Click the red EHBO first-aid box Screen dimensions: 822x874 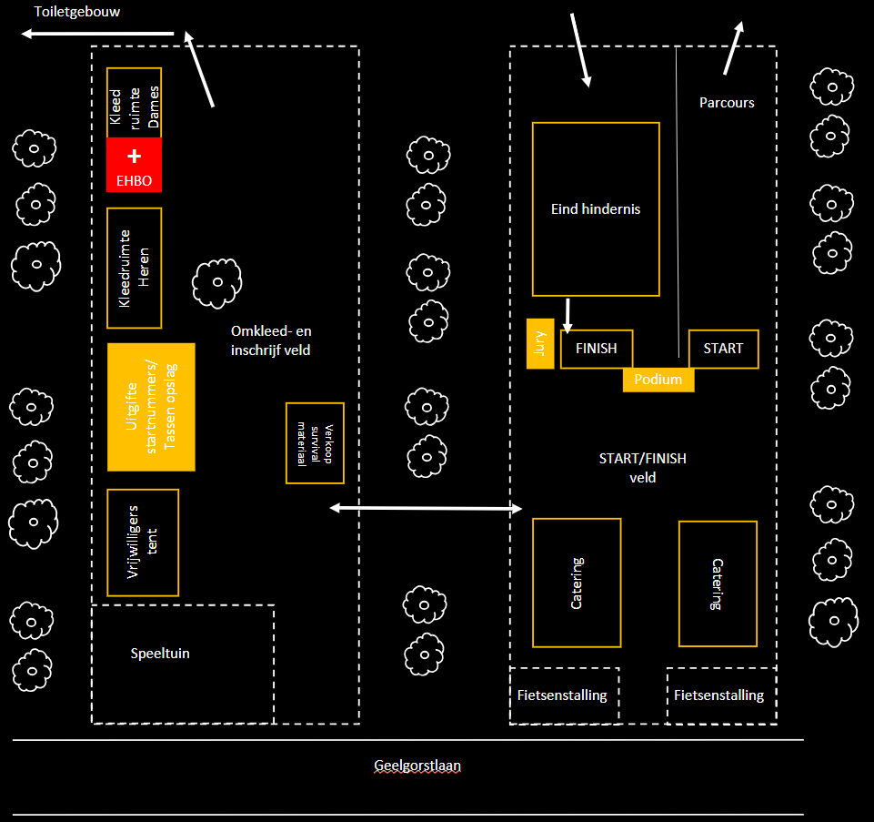[x=134, y=165]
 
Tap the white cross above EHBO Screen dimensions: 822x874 [x=134, y=156]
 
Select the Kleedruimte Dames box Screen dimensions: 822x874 [x=134, y=103]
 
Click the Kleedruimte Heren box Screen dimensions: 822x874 [x=134, y=268]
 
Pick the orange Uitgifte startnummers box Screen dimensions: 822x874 [x=151, y=407]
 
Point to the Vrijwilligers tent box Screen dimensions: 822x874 [x=143, y=543]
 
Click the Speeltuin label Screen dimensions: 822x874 [x=160, y=654]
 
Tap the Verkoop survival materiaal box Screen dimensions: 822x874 [x=315, y=442]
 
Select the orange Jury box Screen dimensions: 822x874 [x=540, y=344]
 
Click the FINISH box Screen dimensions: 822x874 [x=596, y=349]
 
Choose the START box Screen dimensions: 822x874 [x=723, y=349]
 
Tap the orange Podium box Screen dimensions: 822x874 [x=658, y=380]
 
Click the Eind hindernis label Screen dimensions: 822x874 [x=596, y=209]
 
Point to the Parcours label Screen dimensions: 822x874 [x=727, y=103]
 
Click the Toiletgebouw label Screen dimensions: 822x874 [x=77, y=12]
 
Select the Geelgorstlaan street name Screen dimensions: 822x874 [x=417, y=766]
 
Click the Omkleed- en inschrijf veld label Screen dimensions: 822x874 [x=271, y=340]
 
